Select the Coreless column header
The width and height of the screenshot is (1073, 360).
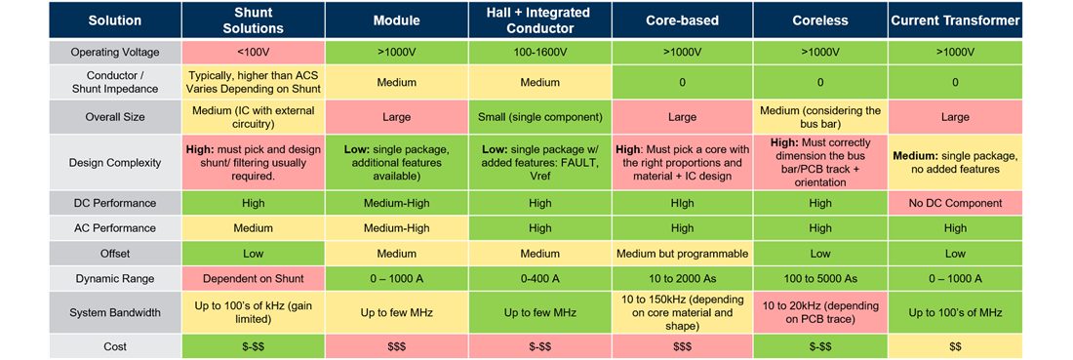coord(819,20)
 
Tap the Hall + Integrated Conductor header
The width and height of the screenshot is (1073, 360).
coord(539,20)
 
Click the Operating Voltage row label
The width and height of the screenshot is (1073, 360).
coord(115,52)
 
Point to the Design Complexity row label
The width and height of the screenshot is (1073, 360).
coord(115,163)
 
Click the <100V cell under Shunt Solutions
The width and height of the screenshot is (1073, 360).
coord(254,52)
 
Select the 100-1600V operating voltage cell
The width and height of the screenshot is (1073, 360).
coord(539,52)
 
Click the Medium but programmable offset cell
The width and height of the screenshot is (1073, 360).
coord(683,254)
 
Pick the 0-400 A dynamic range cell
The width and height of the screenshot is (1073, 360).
coord(539,278)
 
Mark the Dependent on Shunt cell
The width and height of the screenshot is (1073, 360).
coord(254,278)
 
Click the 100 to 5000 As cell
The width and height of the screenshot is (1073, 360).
coord(819,278)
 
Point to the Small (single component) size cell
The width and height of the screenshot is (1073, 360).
coord(539,116)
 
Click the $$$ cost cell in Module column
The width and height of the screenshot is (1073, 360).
coord(397,346)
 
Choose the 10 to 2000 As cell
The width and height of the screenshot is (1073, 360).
coord(683,278)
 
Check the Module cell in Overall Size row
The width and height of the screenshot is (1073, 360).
coord(397,116)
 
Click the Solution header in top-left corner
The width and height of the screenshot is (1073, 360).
coord(115,20)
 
